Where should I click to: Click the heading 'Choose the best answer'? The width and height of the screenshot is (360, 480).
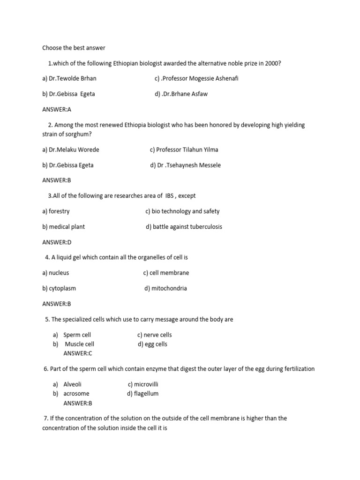click(x=74, y=48)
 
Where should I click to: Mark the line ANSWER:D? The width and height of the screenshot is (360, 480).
click(x=57, y=242)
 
